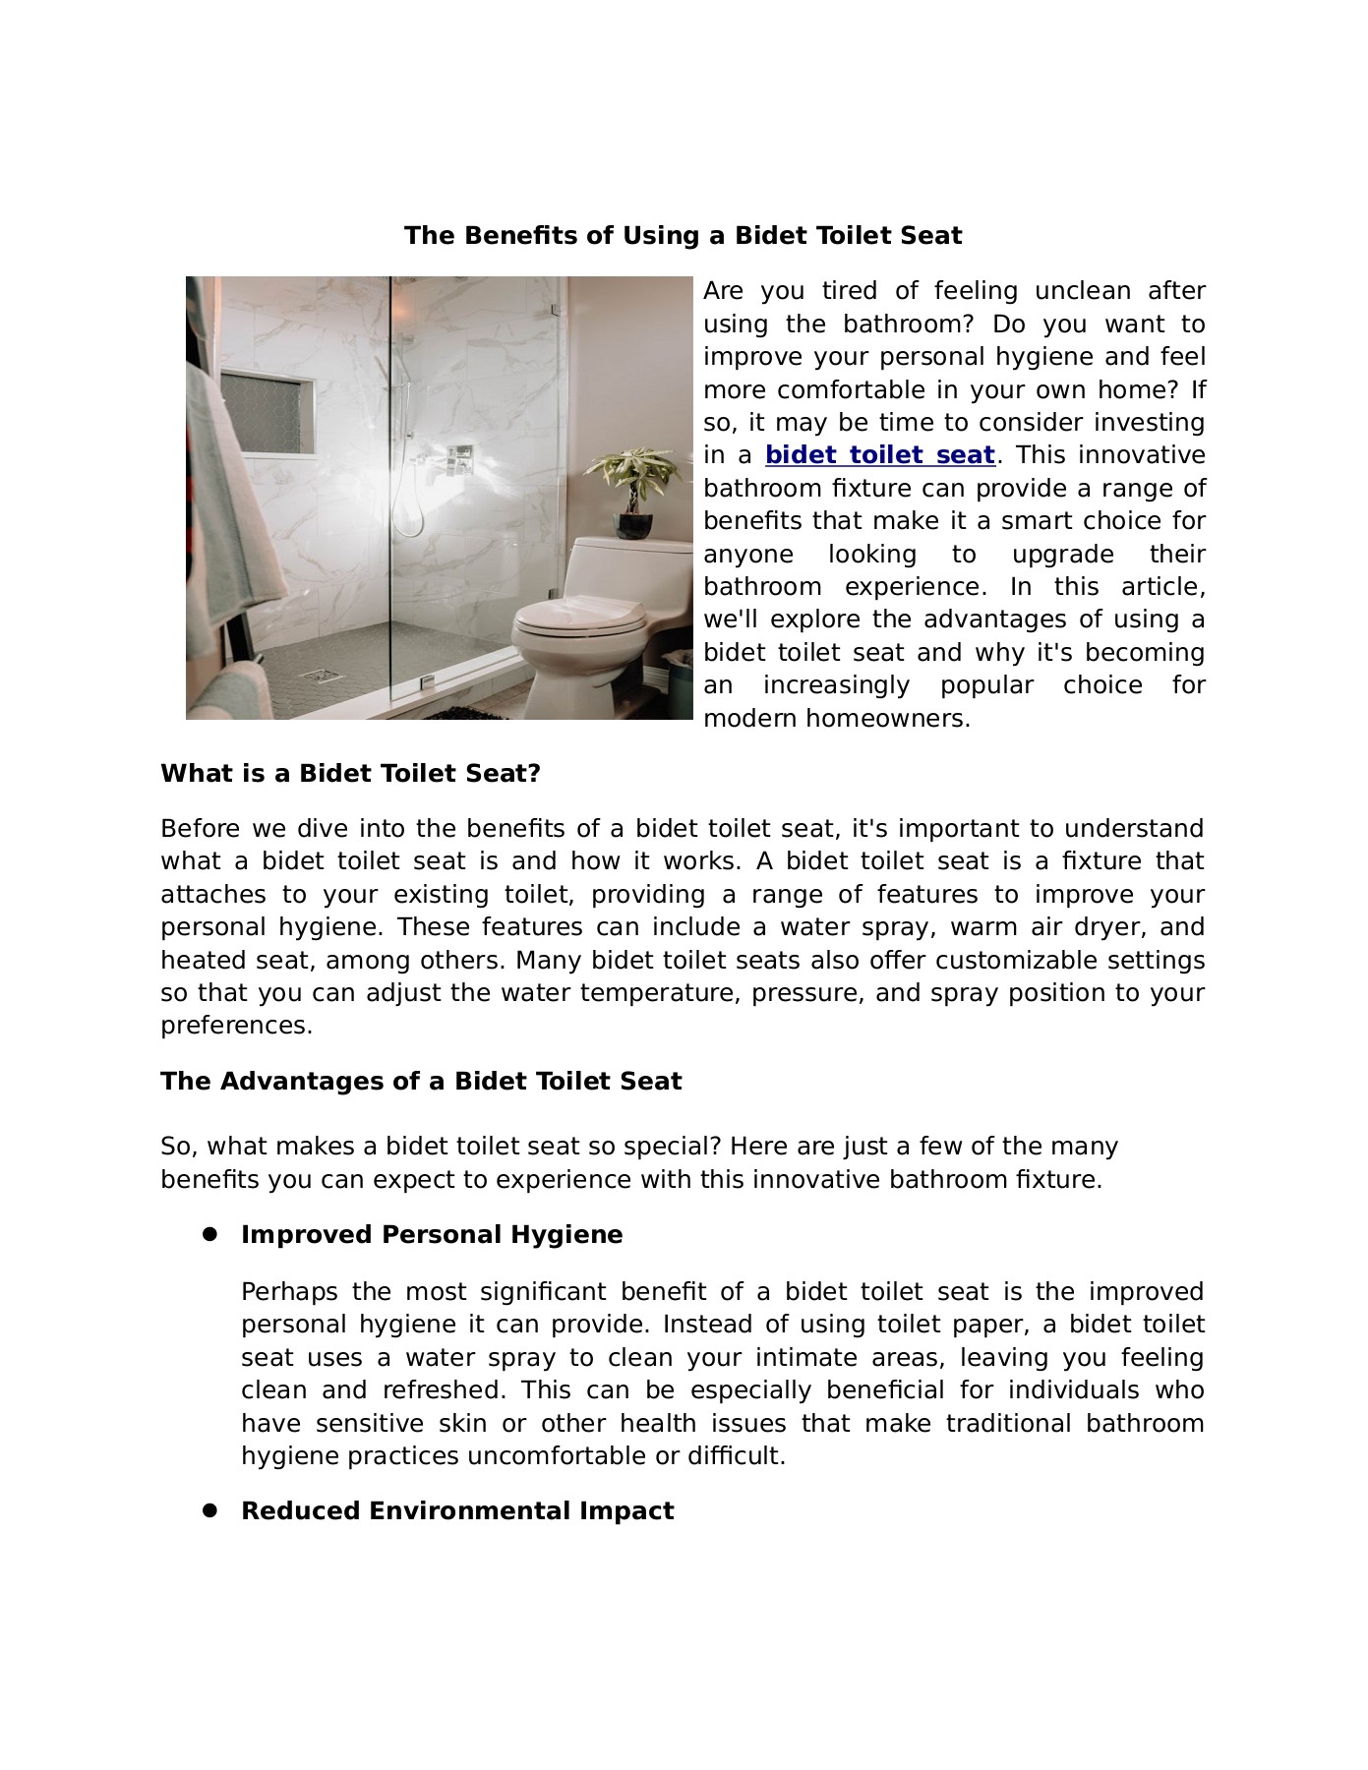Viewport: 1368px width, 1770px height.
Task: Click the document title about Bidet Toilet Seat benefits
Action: (683, 236)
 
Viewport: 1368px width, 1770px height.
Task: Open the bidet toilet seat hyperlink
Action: (879, 455)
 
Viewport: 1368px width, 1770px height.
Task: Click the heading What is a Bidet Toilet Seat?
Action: (351, 774)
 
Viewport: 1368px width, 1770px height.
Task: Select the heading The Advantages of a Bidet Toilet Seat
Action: (421, 1082)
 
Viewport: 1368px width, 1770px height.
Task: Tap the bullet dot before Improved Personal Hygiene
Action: (209, 1234)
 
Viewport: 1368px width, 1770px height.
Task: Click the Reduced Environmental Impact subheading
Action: (457, 1510)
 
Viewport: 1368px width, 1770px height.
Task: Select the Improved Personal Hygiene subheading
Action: (432, 1235)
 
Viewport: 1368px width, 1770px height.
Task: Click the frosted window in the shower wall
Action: (268, 413)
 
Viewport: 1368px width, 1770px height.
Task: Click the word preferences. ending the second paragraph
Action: (236, 1026)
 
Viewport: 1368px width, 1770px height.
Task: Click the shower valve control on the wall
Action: (458, 457)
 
